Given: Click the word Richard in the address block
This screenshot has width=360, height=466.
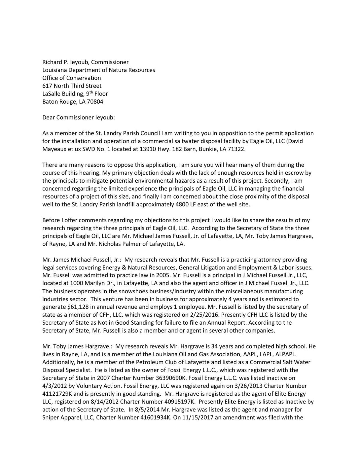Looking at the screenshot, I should point(52,62).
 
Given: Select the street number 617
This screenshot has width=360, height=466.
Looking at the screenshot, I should point(47,86).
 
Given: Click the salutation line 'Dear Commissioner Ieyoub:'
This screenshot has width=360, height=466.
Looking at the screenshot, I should point(79,117).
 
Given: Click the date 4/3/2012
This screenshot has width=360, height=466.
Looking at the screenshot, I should point(53,386).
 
